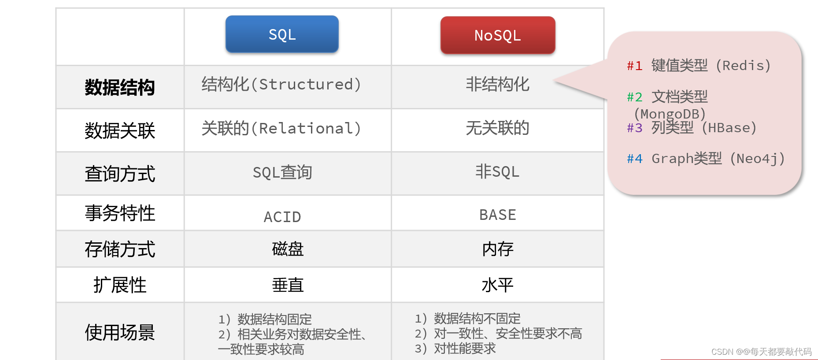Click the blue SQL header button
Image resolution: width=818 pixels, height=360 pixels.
click(x=282, y=34)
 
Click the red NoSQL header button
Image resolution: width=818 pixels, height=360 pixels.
click(x=498, y=35)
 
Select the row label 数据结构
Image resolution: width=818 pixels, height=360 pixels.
click(x=120, y=87)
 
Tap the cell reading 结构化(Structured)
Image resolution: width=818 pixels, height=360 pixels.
click(x=281, y=84)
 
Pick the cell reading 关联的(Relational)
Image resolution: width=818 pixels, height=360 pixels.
click(x=281, y=128)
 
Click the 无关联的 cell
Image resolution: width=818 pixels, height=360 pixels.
click(x=497, y=128)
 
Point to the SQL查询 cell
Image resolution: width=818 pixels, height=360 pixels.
click(x=282, y=172)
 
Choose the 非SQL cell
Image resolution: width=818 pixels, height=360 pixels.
click(x=497, y=171)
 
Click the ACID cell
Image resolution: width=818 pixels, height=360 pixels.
click(x=282, y=217)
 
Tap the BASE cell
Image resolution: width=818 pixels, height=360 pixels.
click(x=497, y=215)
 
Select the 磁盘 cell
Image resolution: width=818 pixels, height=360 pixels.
click(x=288, y=249)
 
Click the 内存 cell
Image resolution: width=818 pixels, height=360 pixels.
click(x=498, y=249)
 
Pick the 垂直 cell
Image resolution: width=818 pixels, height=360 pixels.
click(x=288, y=285)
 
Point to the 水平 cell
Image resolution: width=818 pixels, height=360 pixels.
click(x=498, y=285)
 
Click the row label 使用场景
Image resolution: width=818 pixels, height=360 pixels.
click(x=120, y=332)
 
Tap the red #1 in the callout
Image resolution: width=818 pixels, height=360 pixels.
click(x=635, y=66)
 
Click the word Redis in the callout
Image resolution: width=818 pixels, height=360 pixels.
click(x=743, y=66)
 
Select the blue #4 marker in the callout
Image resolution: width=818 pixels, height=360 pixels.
click(x=635, y=159)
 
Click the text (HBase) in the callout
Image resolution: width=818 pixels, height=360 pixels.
click(x=729, y=128)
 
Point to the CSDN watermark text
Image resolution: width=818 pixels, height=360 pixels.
click(x=761, y=352)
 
